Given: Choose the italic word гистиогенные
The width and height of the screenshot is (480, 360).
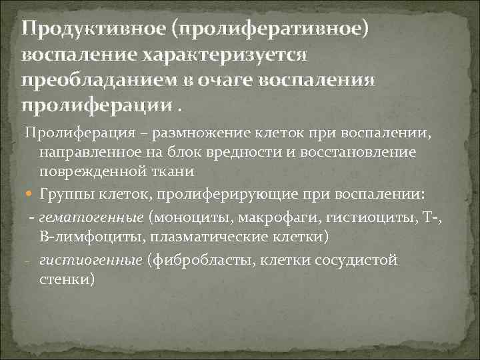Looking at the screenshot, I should (x=91, y=259).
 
